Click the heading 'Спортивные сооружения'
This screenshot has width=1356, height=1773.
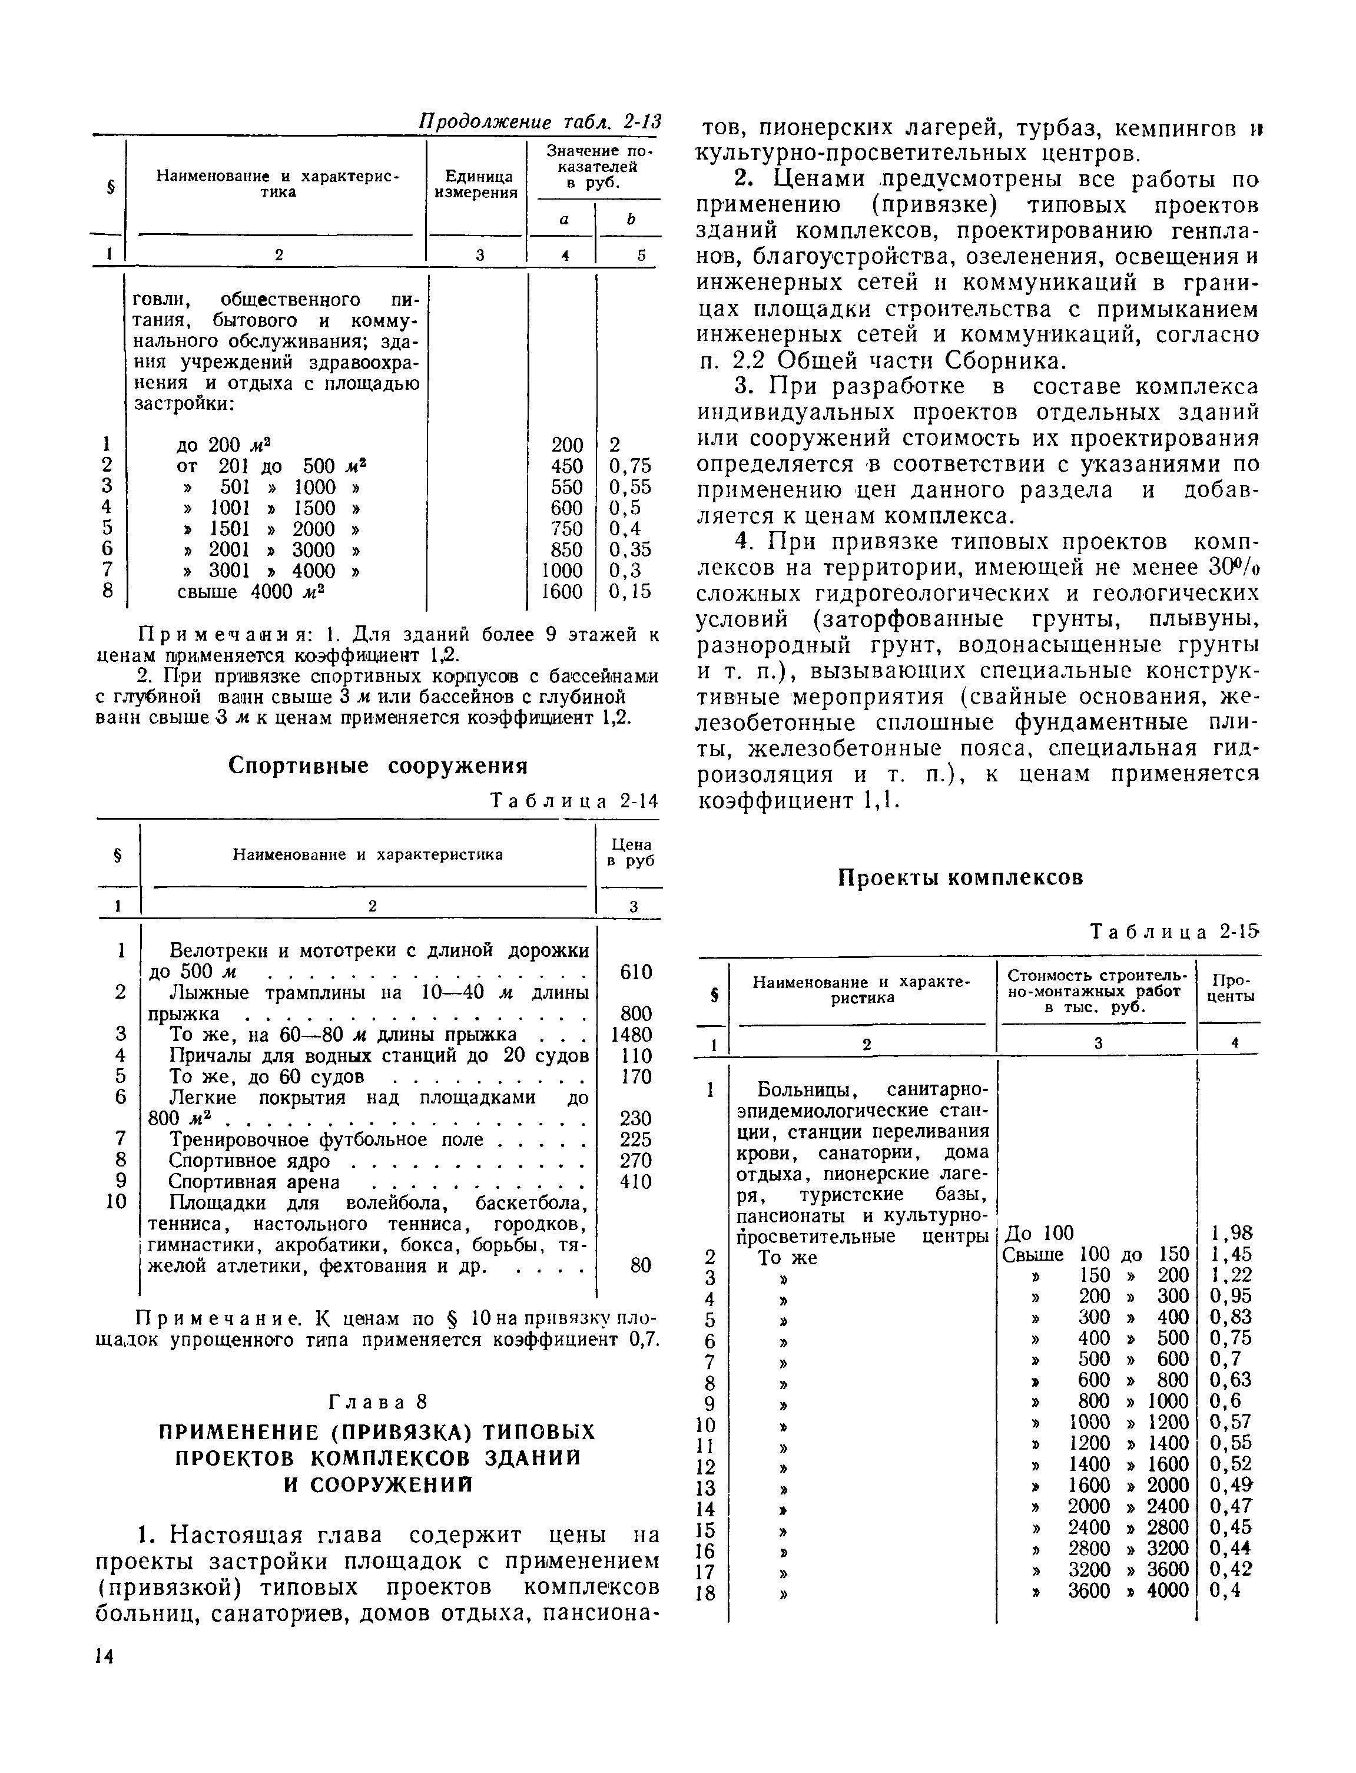[x=378, y=765]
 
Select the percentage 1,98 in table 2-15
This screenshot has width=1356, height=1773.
[x=1232, y=1232]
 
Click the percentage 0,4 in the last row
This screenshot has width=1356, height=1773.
[x=1225, y=1590]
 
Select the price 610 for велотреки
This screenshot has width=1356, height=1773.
[x=635, y=972]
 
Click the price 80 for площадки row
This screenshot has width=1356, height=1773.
[x=640, y=1265]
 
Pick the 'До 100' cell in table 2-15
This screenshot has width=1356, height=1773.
[x=1038, y=1232]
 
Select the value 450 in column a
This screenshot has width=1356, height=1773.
[x=566, y=466]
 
